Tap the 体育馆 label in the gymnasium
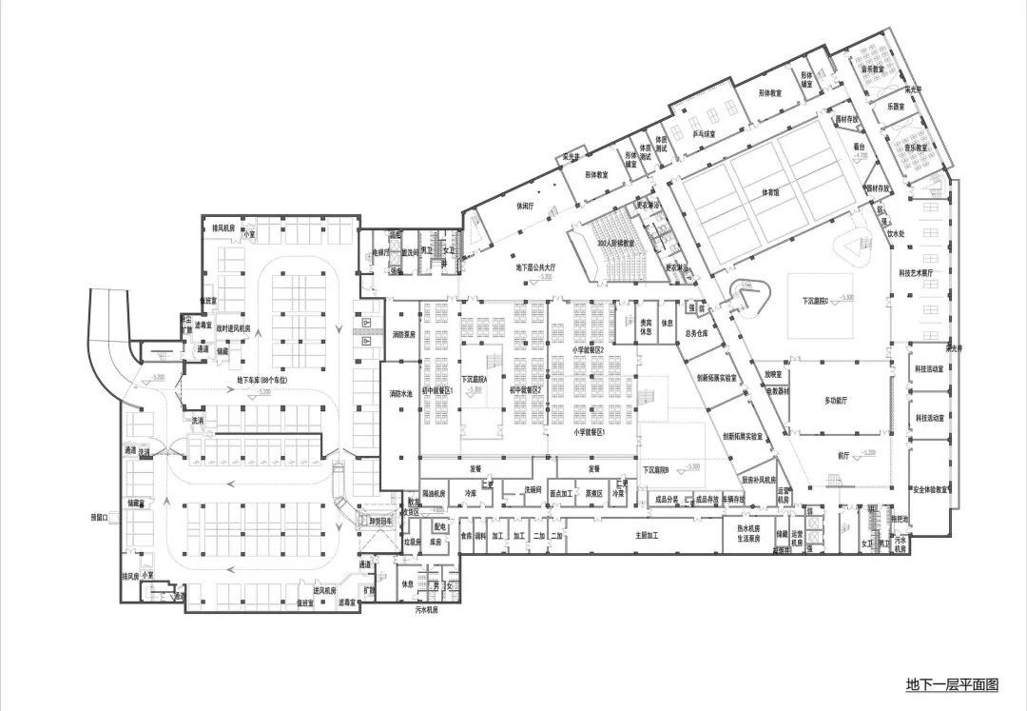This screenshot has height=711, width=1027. click(x=769, y=191)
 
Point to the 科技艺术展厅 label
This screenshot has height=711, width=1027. click(x=917, y=272)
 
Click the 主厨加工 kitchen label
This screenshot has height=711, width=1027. click(x=649, y=536)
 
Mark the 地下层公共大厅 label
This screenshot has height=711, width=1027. click(x=540, y=269)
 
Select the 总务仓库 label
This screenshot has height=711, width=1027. click(x=696, y=334)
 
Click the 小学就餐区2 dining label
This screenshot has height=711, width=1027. click(x=590, y=350)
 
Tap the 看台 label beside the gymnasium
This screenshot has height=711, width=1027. click(x=859, y=148)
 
